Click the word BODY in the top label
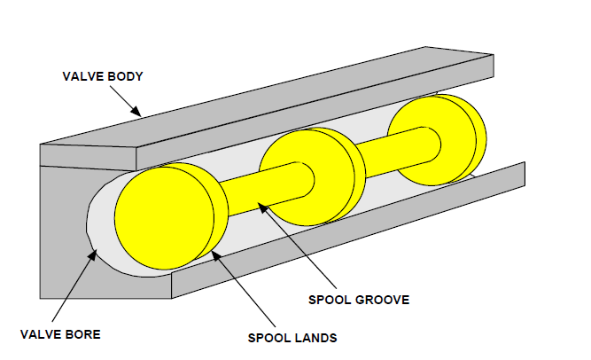126,76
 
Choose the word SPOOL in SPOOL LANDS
269,338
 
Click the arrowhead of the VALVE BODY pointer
136,111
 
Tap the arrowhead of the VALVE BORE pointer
93,254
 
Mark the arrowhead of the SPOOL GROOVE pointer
262,207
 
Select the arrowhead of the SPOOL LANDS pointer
215,255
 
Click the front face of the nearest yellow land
164,218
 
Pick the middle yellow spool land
312,176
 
